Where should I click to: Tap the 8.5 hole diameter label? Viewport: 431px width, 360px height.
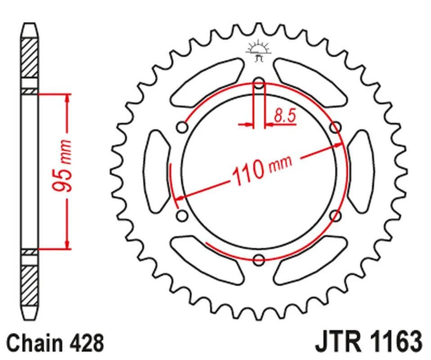[285, 116]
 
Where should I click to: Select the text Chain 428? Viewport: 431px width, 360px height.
[55, 343]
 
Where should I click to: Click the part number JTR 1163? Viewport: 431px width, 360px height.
[368, 342]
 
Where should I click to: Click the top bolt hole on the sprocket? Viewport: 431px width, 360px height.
[259, 83]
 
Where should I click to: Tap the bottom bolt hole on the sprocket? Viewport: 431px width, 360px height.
[259, 260]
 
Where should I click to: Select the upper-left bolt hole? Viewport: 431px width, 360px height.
[182, 127]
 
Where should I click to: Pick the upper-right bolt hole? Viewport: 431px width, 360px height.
[335, 127]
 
